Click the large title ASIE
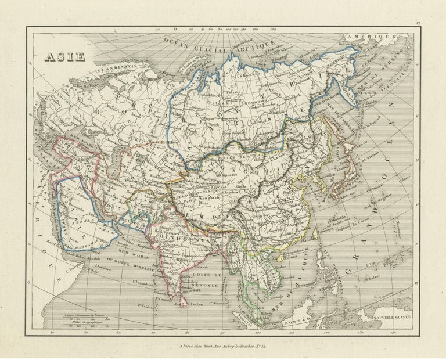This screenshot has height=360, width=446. tap(65, 57)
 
